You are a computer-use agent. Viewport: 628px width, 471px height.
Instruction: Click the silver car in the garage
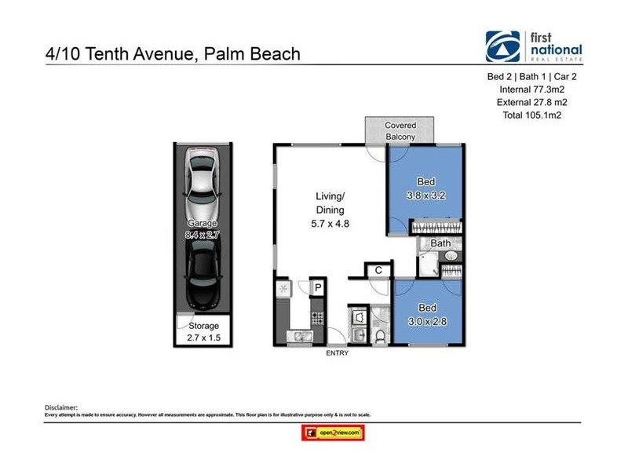[x=203, y=188]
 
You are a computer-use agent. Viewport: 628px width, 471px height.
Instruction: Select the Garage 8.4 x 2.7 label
[x=203, y=228]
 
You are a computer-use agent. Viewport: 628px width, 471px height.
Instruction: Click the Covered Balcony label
[x=400, y=131]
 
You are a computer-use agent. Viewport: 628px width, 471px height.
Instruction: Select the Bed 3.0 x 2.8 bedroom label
[x=426, y=313]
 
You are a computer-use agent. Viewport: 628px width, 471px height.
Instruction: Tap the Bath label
[x=440, y=243]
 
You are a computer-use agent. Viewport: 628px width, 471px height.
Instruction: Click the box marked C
[x=378, y=270]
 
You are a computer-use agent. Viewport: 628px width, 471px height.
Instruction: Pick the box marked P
[x=318, y=288]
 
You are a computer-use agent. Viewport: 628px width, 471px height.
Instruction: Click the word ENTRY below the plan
[x=337, y=353]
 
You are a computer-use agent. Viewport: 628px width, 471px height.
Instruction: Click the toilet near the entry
[x=380, y=335]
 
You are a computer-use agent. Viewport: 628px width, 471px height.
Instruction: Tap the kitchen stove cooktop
[x=319, y=319]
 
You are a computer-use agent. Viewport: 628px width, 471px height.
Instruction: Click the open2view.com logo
[x=334, y=433]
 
